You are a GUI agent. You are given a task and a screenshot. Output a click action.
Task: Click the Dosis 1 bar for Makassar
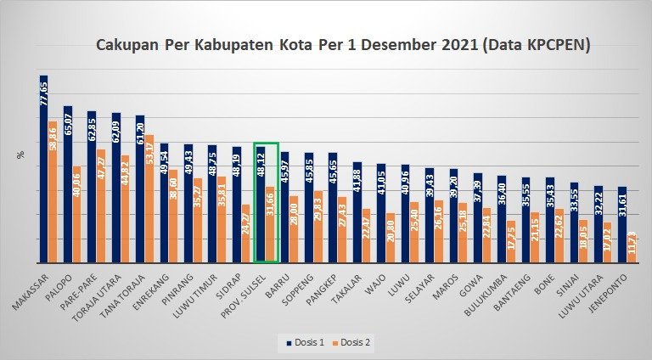click(x=43, y=170)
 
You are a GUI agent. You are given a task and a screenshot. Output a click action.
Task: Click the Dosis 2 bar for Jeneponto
click(x=632, y=250)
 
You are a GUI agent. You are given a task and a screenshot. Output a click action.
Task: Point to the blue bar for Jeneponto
click(x=623, y=225)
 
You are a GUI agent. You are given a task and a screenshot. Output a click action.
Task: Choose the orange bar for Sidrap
click(x=246, y=233)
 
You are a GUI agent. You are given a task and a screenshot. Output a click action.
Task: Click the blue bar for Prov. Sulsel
click(x=261, y=205)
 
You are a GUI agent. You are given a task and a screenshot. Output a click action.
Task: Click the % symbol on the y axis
click(x=19, y=154)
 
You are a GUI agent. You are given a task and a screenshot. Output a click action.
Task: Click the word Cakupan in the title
click(x=128, y=44)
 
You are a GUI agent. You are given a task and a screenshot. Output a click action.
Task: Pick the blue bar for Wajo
click(x=381, y=213)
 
